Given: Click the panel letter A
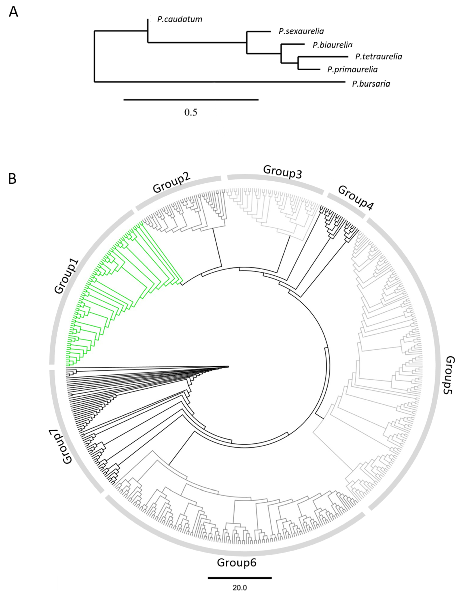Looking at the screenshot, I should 13,12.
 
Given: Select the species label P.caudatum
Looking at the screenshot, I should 180,19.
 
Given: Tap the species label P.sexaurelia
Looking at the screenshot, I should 301,31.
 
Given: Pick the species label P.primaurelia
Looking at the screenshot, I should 352,70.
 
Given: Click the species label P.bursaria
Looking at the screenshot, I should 371,84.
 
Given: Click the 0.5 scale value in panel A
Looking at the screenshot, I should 191,112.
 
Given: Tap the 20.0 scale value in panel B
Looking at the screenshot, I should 240,588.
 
